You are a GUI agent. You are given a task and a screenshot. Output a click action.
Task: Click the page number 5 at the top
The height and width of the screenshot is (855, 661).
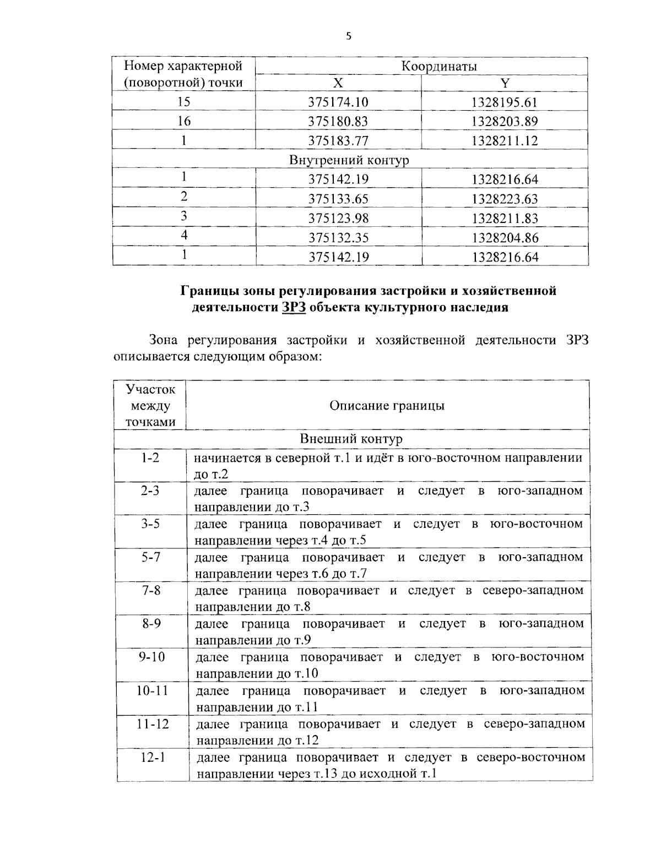click(348, 36)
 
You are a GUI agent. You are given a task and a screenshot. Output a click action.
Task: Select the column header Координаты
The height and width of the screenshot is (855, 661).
click(438, 66)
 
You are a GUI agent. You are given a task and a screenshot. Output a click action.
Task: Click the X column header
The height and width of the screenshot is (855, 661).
click(338, 83)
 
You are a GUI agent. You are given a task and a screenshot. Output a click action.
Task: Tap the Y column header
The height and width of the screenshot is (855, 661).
click(505, 83)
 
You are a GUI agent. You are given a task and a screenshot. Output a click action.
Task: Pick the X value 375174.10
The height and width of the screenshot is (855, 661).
click(338, 102)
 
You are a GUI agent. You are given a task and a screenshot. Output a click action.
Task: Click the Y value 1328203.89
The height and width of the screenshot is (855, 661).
click(504, 122)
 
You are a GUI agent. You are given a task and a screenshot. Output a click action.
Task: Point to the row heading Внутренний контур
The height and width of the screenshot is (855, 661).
click(349, 160)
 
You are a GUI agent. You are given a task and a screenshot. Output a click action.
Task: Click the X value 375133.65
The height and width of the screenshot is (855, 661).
click(338, 199)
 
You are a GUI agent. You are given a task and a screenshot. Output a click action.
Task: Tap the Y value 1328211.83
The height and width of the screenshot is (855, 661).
click(504, 218)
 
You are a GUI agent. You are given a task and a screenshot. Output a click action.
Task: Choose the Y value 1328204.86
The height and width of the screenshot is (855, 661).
click(504, 238)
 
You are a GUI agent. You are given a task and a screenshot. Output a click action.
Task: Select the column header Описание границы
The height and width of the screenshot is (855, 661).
click(387, 406)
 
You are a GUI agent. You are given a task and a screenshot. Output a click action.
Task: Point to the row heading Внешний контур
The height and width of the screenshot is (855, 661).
click(351, 439)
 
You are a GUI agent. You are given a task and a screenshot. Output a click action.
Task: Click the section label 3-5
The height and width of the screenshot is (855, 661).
click(150, 524)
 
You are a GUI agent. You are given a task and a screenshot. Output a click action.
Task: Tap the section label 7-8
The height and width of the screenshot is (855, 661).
click(150, 590)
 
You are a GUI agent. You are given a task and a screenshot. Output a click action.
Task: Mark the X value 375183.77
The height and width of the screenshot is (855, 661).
click(338, 141)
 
